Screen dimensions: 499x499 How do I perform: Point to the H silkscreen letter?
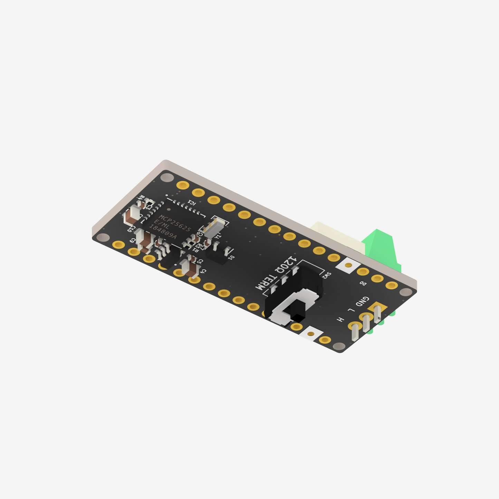(x=340, y=319)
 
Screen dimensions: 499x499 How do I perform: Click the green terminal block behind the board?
(x=382, y=247)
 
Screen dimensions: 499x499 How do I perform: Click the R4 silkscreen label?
(x=141, y=198)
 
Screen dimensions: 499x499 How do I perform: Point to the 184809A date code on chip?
(x=162, y=232)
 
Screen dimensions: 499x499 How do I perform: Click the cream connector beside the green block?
(x=337, y=236)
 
